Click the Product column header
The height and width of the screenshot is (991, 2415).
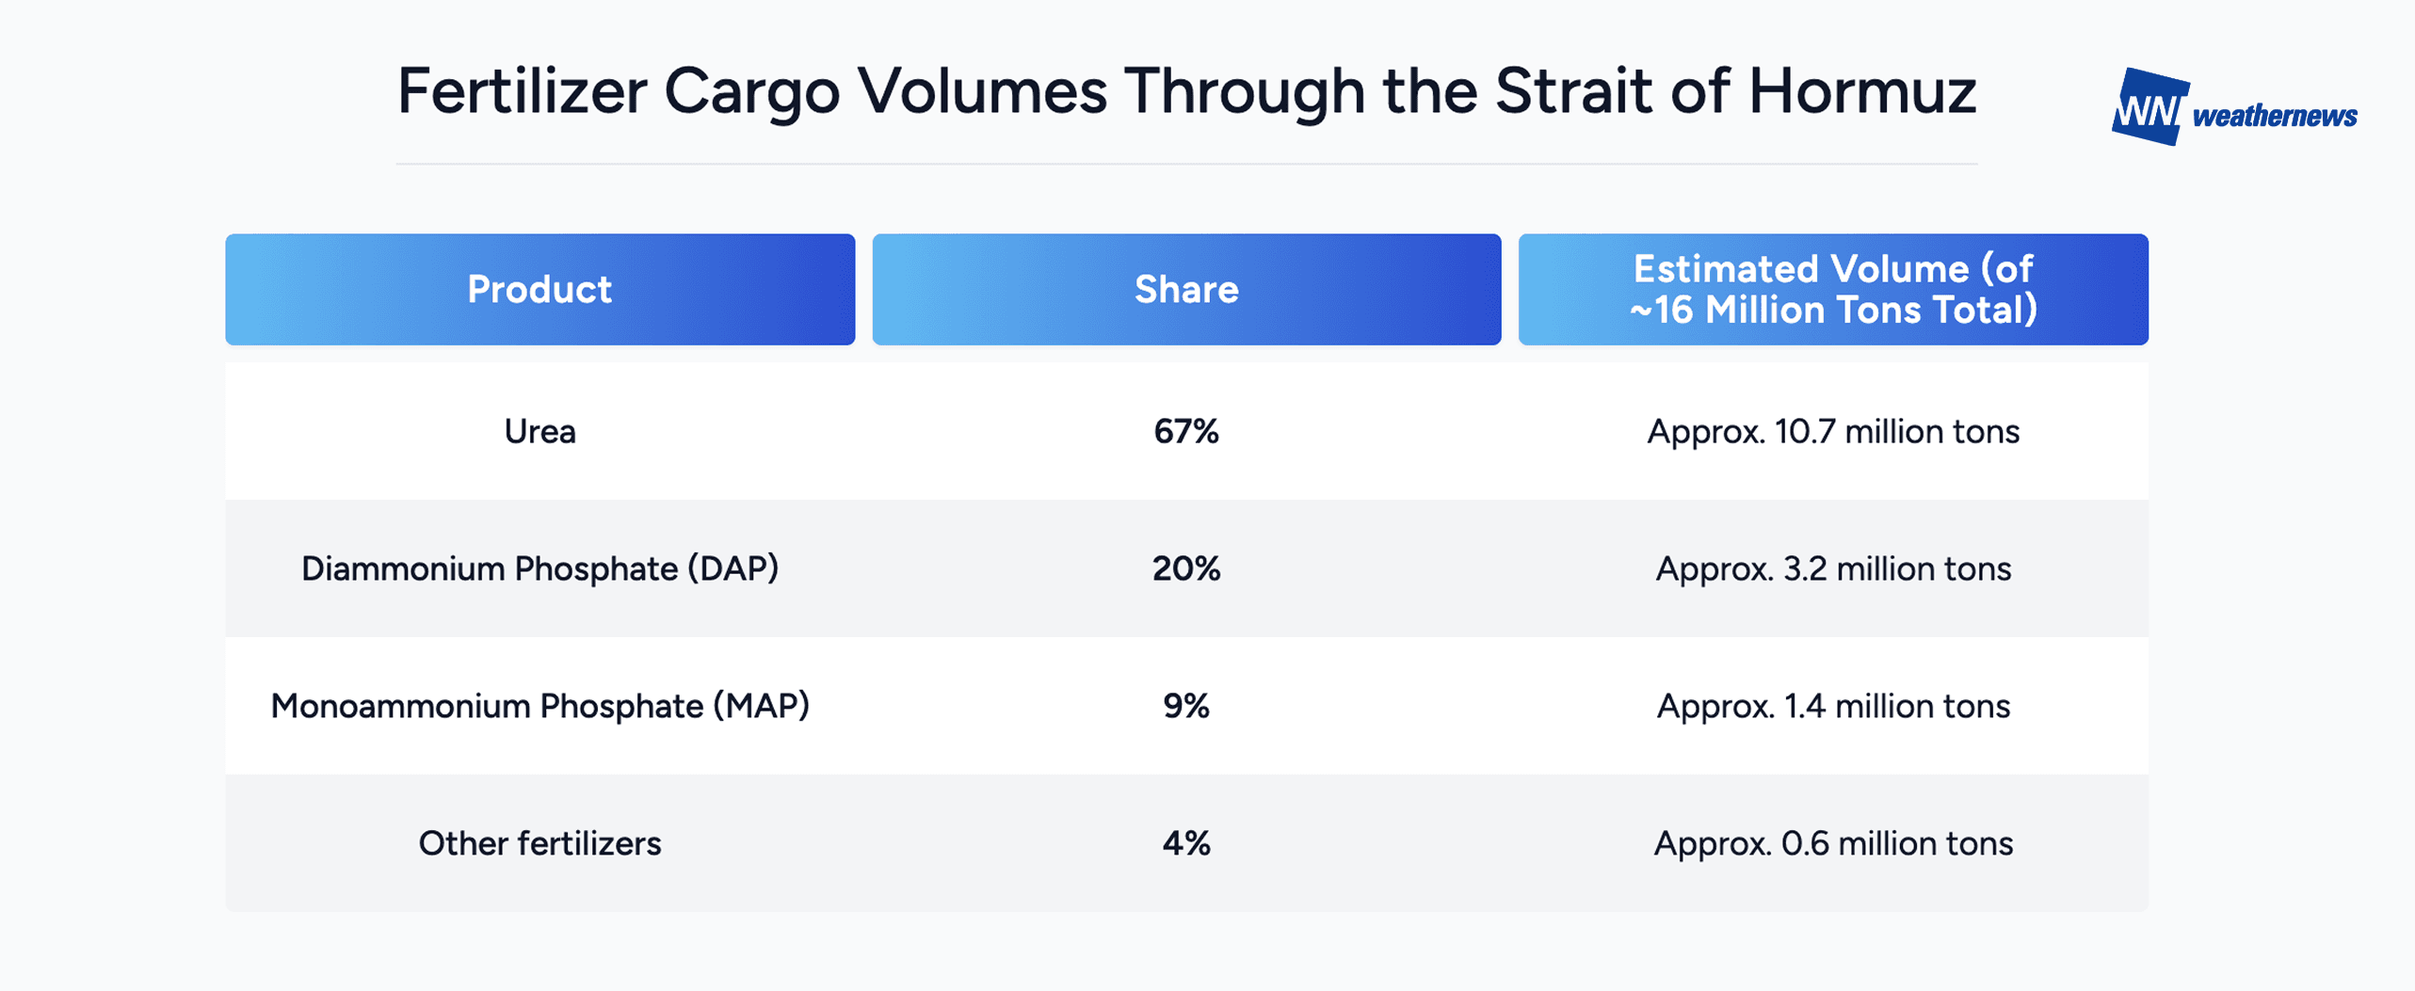pos(539,289)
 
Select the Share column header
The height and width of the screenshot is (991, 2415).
pos(1186,289)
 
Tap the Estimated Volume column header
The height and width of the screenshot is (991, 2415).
pos(1833,289)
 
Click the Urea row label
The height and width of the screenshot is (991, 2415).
pos(539,432)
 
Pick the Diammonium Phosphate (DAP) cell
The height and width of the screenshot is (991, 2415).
pos(539,569)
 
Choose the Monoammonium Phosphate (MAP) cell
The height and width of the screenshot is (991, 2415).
pos(539,707)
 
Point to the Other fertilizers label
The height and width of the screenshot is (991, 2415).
pos(539,843)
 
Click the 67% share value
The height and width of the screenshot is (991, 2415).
pos(1186,432)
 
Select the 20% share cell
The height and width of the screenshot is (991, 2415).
pos(1186,569)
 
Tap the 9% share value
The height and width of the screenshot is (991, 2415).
pos(1186,707)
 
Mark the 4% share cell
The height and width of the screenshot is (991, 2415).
pos(1186,843)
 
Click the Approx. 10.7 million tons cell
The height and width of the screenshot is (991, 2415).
pos(1833,432)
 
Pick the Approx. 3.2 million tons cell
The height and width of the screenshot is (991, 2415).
pos(1833,569)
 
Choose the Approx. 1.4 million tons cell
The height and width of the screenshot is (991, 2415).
pos(1833,707)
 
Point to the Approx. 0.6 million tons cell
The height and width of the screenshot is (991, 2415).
pos(1833,843)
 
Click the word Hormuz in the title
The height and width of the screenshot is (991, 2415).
pos(1861,92)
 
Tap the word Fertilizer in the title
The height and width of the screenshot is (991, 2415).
pos(522,92)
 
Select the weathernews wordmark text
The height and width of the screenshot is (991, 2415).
pos(2275,116)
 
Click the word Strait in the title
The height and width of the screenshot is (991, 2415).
pos(1573,92)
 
